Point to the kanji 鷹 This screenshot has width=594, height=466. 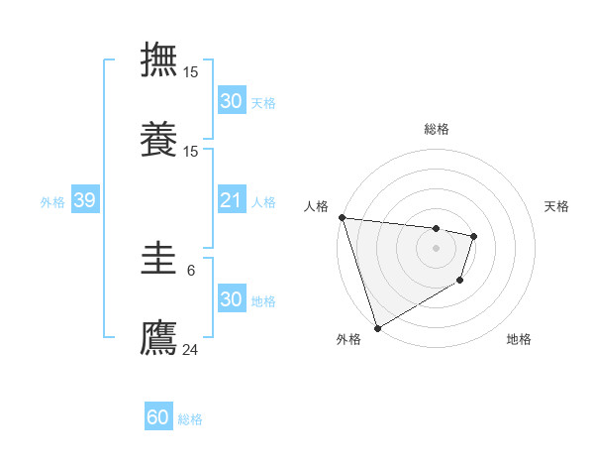158,337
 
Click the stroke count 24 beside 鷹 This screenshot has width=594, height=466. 191,348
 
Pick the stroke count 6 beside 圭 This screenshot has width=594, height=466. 191,270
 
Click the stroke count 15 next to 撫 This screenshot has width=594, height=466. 191,71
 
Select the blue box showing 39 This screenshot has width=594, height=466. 84,201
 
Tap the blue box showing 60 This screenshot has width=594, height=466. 158,418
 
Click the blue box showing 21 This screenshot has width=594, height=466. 231,201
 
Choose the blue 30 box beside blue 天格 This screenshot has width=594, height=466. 231,101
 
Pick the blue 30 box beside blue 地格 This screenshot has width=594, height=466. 231,300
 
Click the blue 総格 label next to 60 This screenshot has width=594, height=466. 190,419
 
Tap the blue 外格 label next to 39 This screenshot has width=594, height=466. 52,202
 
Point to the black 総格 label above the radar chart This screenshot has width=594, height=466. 436,129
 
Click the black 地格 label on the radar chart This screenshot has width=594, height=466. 519,339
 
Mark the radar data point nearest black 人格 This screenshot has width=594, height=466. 342,217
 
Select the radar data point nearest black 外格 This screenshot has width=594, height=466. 377,327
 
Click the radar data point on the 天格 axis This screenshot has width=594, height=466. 474,236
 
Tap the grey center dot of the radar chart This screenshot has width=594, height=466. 436,248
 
